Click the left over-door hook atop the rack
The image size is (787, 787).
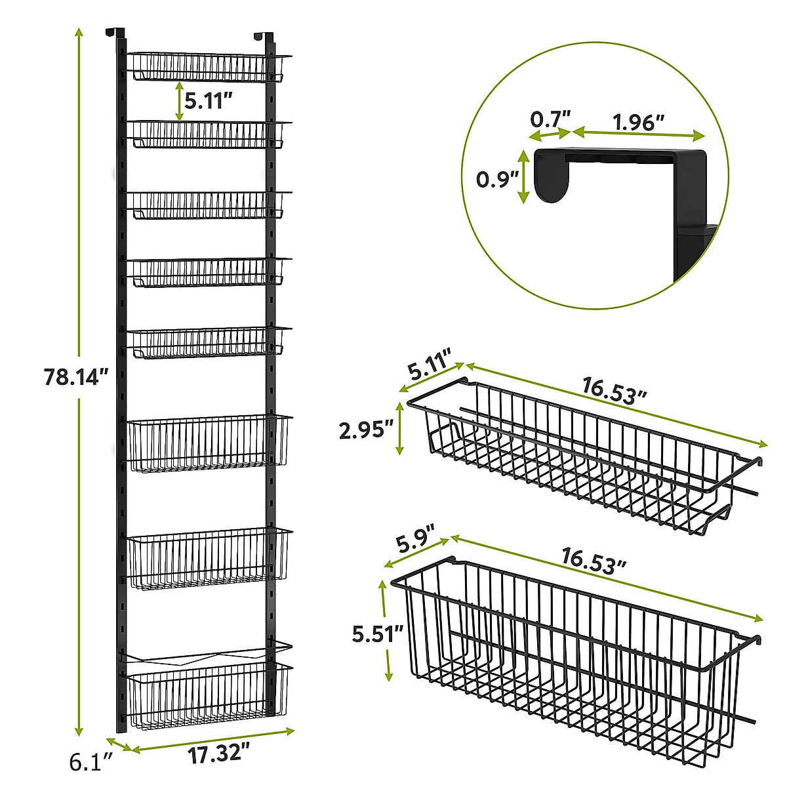coord(115,33)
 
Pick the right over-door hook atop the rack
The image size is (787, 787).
coord(264,37)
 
